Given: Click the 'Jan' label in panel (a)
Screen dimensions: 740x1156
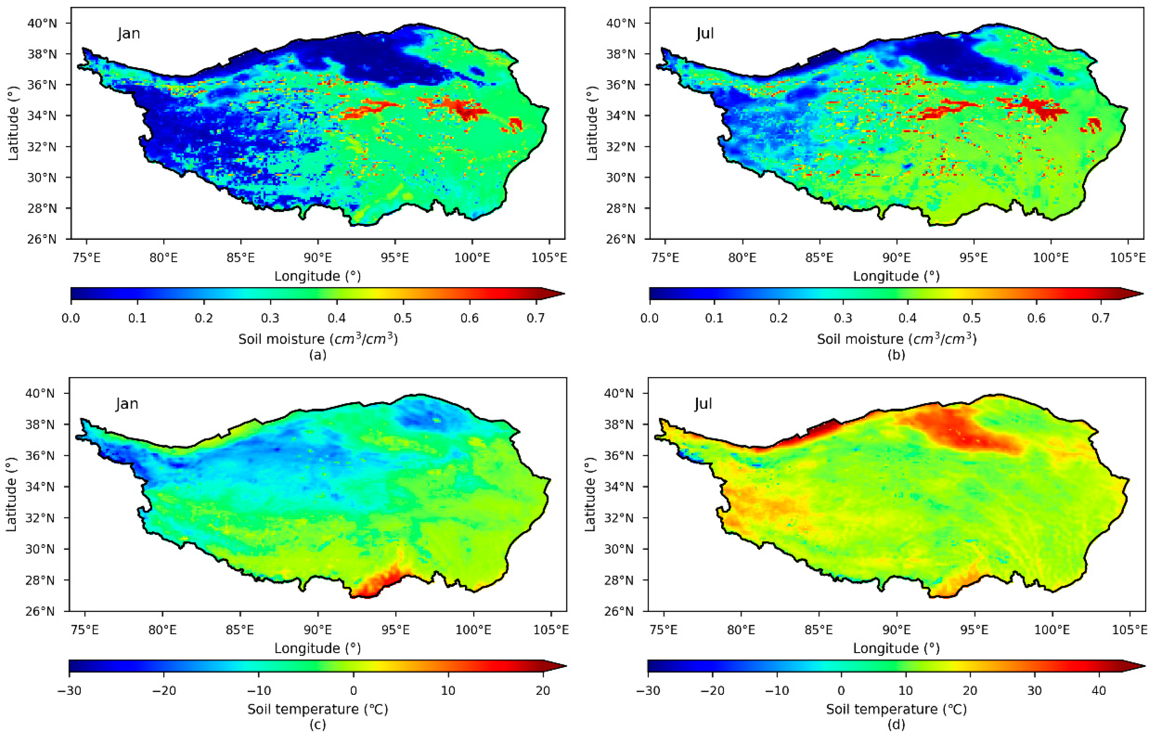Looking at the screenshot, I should coord(129,34).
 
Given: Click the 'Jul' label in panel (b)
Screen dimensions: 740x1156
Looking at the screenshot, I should coord(705,34).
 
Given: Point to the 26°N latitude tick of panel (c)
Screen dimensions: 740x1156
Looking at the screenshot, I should coord(41,611).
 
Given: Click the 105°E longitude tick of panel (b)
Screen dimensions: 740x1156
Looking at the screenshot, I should coord(1128,258).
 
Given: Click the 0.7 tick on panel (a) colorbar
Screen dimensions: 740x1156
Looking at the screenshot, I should coord(536,318).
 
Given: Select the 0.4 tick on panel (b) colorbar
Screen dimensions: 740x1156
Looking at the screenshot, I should coord(907,318).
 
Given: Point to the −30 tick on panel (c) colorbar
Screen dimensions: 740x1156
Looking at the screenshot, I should coord(69,691).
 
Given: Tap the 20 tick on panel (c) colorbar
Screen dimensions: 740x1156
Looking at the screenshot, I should coord(543,691).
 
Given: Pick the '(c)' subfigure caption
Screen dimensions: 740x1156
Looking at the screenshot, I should coord(318,725).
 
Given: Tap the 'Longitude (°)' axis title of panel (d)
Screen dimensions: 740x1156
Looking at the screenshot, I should coord(896,648).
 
